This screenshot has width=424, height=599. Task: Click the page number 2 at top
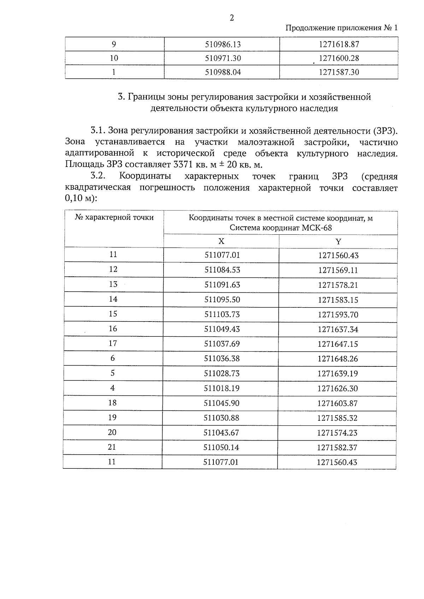232,18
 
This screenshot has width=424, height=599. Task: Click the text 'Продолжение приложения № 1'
341,28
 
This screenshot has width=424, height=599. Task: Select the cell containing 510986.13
223,44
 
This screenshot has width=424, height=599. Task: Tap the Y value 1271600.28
339,58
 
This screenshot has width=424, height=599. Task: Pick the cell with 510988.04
223,72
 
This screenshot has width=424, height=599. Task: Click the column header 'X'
221,241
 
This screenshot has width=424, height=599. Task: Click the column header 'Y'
338,241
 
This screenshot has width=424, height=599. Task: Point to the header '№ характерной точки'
114,217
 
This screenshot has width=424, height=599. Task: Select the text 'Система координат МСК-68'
281,228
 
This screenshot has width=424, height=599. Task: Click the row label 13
113,284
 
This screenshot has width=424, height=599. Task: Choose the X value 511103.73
222,315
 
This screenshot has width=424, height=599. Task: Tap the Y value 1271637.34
338,329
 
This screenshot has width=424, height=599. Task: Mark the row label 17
113,343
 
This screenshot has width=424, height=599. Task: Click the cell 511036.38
222,359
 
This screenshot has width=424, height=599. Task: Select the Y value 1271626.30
338,389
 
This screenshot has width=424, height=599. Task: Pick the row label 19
112,418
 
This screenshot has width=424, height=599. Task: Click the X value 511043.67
222,433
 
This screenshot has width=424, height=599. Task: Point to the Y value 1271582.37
337,448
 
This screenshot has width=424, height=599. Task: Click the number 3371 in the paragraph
183,165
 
